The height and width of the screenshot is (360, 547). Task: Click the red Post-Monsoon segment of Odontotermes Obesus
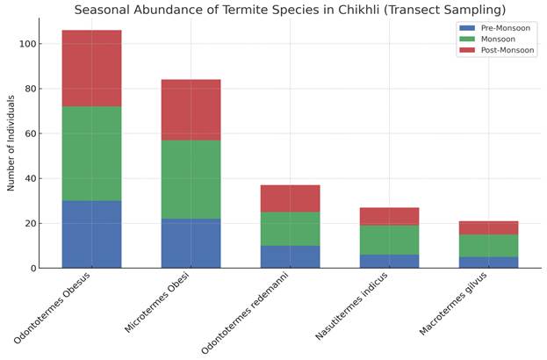(x=91, y=68)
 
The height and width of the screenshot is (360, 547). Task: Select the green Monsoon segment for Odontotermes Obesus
(x=91, y=154)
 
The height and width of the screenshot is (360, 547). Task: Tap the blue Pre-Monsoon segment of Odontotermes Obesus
(x=91, y=234)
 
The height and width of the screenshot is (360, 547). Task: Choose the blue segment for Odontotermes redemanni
(x=290, y=256)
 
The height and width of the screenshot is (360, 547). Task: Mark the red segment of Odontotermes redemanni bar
(x=290, y=198)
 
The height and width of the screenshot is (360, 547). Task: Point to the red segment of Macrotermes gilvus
(x=488, y=227)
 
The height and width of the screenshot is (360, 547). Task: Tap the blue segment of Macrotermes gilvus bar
(x=488, y=262)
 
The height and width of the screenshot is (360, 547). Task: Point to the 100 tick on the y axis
(x=27, y=44)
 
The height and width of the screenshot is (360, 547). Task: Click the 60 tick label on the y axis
(x=30, y=133)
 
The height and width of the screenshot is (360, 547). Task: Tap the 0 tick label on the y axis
(x=32, y=268)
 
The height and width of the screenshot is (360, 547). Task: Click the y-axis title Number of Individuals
(x=11, y=145)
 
